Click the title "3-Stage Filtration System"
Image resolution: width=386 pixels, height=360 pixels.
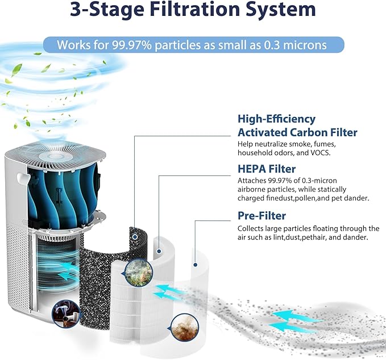pos(193,9)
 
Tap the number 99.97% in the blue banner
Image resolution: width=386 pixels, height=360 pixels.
pos(132,45)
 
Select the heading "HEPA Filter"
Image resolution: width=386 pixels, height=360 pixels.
pos(267,169)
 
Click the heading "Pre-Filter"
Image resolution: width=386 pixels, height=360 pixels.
pos(262,216)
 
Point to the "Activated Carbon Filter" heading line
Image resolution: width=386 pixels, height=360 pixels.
pos(297,132)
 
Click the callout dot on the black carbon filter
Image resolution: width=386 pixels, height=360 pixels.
pos(135,237)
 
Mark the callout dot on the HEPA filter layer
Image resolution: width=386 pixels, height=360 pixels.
pos(159,252)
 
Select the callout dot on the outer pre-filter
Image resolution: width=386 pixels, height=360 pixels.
pos(195,265)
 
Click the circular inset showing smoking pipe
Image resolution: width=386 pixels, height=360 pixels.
pos(66,313)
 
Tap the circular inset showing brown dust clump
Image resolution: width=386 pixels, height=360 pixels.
pos(184,328)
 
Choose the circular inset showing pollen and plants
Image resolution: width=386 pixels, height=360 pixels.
pos(138,272)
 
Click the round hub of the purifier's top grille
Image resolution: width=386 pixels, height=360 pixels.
pos(56,157)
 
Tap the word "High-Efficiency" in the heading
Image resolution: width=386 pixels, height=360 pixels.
pos(276,119)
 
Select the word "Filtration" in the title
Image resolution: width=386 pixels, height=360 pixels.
pos(195,9)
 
